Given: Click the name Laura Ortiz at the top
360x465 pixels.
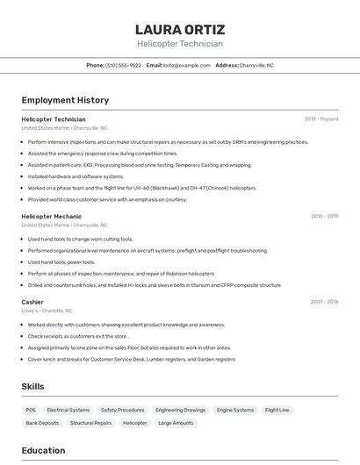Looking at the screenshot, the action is coord(180,30).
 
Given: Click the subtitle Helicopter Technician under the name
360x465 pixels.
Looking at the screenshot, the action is coord(180,44).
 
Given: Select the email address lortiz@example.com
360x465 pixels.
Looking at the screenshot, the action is coord(186,65).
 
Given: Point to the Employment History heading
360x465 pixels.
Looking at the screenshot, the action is coord(65,100).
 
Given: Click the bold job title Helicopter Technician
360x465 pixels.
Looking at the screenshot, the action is coord(54,119).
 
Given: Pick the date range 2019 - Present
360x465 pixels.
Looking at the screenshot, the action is coord(321,119).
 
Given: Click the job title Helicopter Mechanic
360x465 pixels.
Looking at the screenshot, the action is coord(51,216).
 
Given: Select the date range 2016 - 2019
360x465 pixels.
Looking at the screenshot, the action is coord(324,216).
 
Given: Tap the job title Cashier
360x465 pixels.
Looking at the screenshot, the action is coord(32,302).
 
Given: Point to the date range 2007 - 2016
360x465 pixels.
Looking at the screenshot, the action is coord(324,302).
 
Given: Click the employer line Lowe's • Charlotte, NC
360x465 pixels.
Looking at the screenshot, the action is coord(47,311).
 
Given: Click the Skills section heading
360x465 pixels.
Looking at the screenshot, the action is coord(32,387).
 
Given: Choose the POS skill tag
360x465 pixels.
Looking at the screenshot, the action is coord(31,410).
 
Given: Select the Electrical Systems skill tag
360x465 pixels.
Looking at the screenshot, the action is coord(68,410).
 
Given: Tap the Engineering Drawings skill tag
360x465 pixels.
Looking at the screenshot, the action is coord(181,410).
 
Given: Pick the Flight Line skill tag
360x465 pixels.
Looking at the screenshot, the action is coord(277,410).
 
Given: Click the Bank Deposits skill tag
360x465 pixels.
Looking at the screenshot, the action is coord(42,423).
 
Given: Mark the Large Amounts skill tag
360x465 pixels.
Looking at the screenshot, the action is coord(176,423).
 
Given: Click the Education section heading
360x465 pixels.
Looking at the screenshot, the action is coord(43,451).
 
